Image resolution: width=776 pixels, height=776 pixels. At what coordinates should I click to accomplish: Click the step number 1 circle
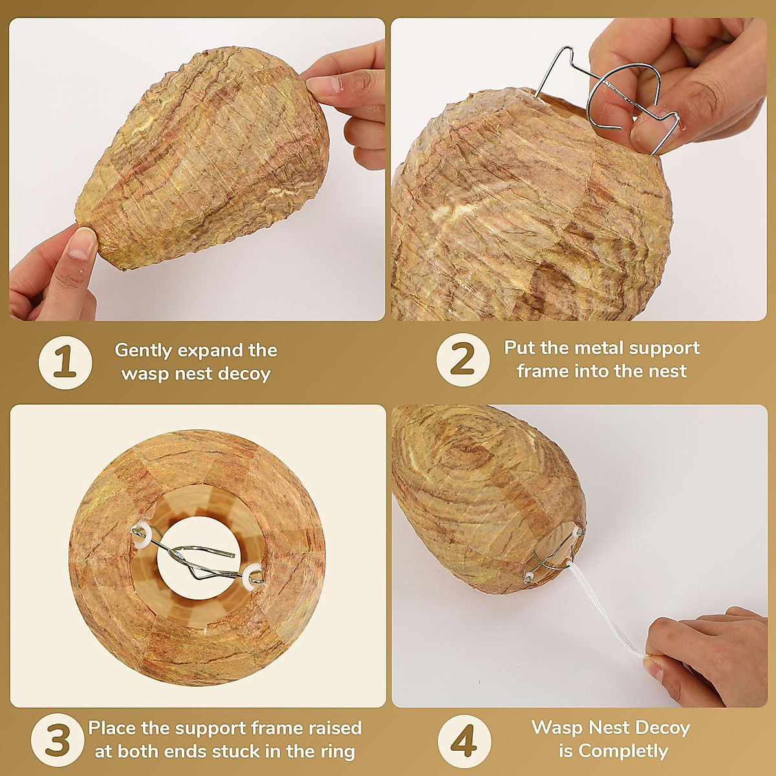65,362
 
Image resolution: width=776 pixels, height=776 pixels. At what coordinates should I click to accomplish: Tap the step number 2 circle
463,360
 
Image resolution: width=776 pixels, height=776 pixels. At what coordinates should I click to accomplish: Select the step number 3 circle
57,740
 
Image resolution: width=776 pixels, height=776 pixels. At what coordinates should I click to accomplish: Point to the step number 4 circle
464,740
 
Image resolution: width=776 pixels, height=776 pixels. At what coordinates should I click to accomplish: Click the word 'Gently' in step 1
144,351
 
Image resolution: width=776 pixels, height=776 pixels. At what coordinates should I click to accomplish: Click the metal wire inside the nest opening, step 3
194,556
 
